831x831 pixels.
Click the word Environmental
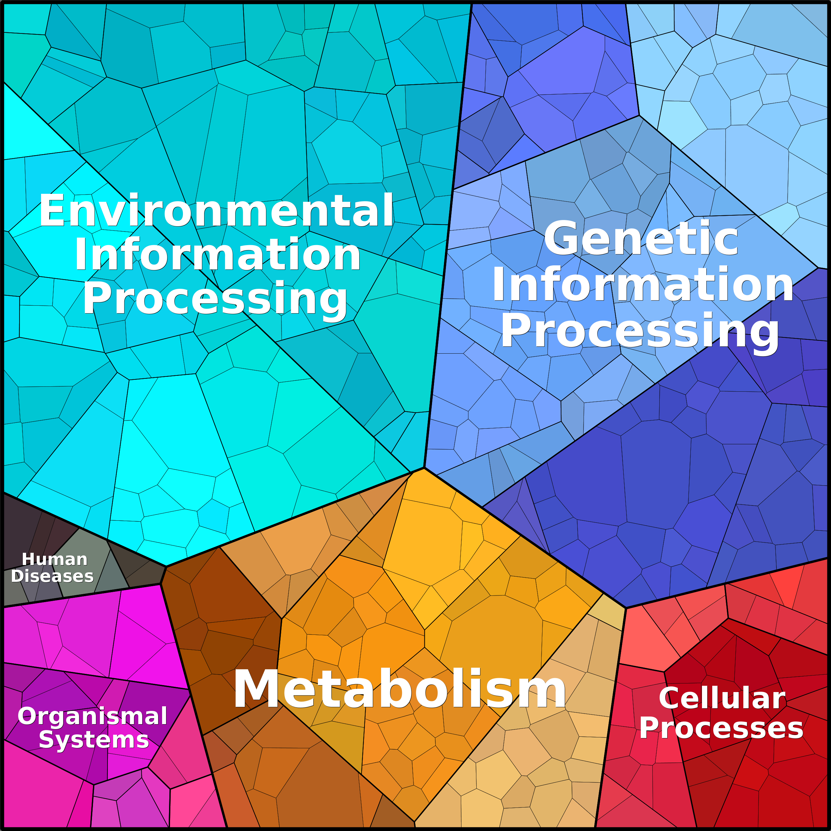216,210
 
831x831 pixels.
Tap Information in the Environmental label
217,255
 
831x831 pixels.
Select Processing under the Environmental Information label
215,299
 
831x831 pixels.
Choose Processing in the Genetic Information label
640,331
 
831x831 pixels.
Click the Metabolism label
399,689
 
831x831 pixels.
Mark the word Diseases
52,576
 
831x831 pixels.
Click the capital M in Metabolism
255,689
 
